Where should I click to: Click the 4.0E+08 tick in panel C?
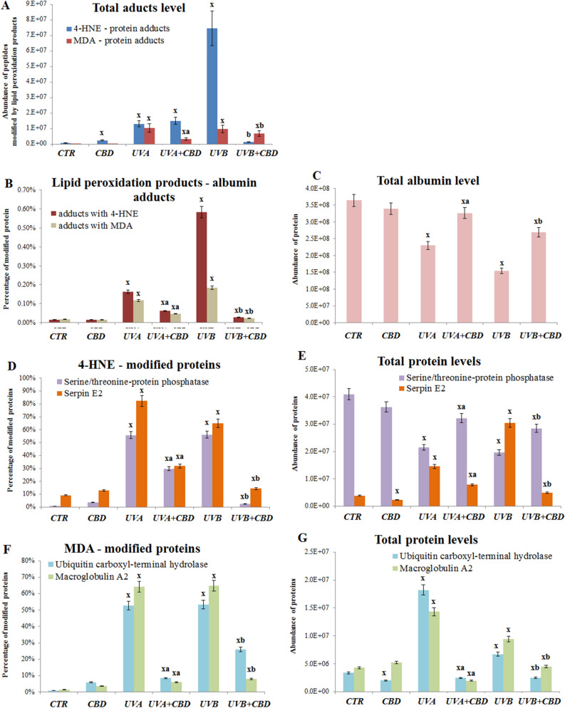coord(315,188)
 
